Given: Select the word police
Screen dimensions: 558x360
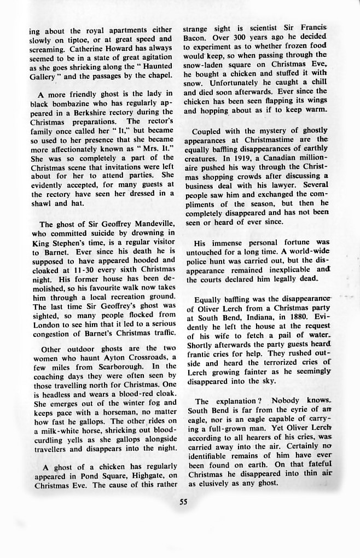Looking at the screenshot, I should coord(197,261).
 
